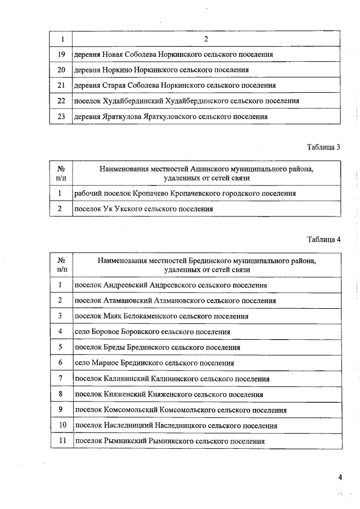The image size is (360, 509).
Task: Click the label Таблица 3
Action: click(323, 147)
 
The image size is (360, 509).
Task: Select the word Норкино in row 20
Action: click(116, 70)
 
